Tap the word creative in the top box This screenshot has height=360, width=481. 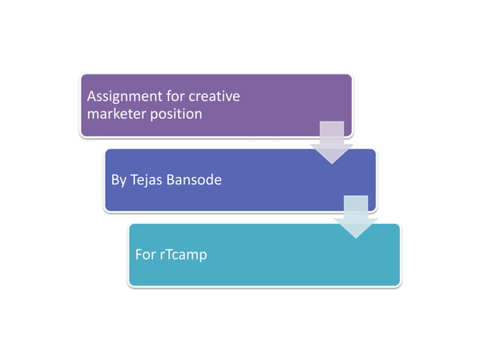[214, 96]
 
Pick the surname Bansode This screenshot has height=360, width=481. [195, 180]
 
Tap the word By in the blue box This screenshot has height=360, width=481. [118, 180]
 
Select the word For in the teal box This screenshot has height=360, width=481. [145, 255]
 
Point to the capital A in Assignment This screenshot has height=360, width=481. [91, 96]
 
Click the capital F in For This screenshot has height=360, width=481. [138, 255]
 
